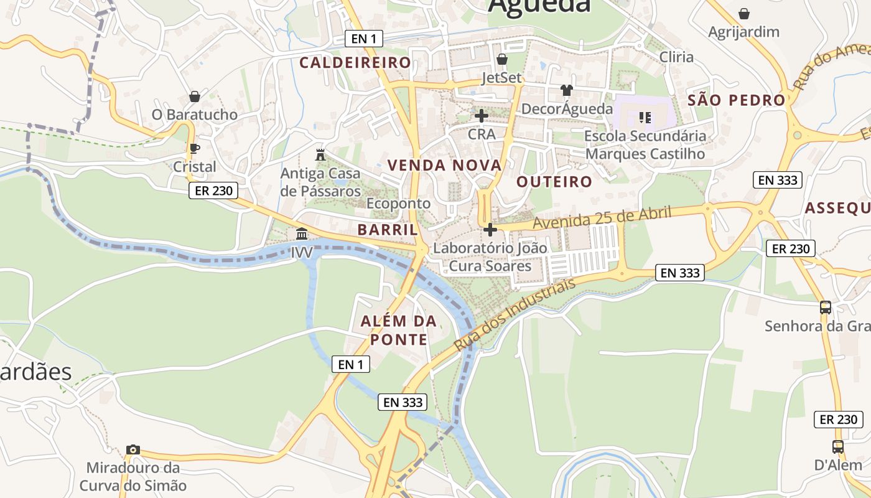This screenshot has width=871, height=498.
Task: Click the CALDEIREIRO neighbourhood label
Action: tap(355, 62)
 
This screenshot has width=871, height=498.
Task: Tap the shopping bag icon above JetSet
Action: tap(502, 59)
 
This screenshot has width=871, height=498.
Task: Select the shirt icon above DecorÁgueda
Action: tap(566, 90)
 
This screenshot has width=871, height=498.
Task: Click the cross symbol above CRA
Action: tap(481, 116)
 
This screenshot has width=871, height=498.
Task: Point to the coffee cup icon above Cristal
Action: tap(194, 148)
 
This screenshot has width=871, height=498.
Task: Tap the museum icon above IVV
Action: tap(302, 234)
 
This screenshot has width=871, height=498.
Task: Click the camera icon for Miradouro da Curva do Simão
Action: tap(133, 449)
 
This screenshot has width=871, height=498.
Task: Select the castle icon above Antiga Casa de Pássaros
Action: tap(320, 154)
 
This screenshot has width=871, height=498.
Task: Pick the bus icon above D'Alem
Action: tap(838, 446)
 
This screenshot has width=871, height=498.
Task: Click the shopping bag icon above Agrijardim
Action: tap(743, 14)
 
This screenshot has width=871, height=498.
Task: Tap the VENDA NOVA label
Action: tap(444, 165)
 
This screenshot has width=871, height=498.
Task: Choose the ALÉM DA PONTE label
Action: tap(399, 331)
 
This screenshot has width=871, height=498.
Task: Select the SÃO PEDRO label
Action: tap(737, 100)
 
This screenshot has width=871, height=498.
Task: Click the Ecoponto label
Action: tap(398, 204)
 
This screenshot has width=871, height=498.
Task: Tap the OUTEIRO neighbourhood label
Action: tap(554, 182)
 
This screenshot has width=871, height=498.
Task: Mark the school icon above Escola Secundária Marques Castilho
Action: tap(645, 117)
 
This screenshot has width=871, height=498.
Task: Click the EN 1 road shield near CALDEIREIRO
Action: tap(364, 39)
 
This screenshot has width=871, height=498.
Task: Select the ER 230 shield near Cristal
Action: tap(213, 190)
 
